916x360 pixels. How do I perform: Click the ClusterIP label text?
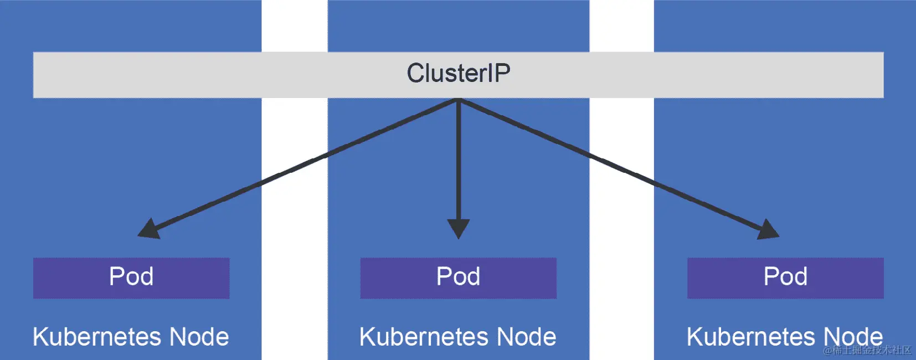click(459, 73)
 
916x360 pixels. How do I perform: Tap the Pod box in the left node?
click(131, 277)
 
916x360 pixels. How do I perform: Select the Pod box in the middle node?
click(458, 277)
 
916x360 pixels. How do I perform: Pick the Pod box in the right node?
click(785, 277)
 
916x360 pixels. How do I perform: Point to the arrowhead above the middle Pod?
click(459, 228)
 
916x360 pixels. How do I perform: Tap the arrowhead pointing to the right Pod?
click(767, 229)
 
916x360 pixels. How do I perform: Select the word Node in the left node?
click(199, 337)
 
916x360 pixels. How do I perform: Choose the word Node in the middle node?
click(526, 337)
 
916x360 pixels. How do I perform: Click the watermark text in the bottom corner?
click(867, 350)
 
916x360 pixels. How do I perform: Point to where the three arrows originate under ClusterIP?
click(459, 100)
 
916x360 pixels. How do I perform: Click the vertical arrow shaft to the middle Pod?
click(459, 161)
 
